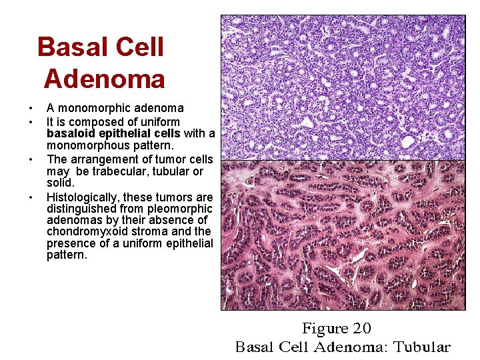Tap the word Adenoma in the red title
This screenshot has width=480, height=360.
[x=104, y=79]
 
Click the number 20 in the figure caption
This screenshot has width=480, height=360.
[x=361, y=329]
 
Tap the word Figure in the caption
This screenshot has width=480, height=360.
[x=324, y=329]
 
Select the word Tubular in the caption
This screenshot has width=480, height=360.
[x=421, y=347]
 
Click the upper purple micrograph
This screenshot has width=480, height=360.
[x=343, y=87]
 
